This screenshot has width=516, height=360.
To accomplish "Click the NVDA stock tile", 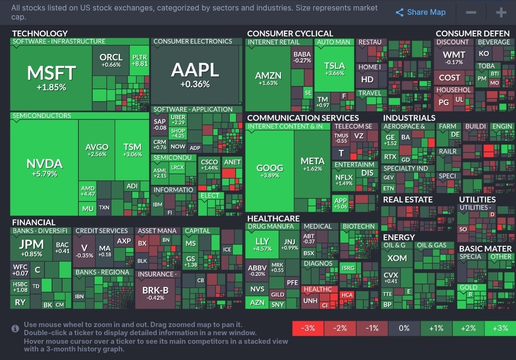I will click(44, 167).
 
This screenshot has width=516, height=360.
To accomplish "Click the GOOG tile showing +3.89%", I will click(270, 171).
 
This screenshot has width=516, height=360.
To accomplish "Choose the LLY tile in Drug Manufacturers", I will click(262, 244).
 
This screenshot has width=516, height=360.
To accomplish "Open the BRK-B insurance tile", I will click(155, 293).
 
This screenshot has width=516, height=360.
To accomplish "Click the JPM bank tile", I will click(32, 247).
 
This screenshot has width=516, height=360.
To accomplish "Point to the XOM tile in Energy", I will click(397, 258).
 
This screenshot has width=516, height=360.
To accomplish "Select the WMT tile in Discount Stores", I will click(453, 57).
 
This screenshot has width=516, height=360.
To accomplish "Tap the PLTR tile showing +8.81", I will click(140, 60).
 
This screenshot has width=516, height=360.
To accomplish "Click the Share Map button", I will click(420, 12).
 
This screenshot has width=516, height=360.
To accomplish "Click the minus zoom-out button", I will click(471, 12).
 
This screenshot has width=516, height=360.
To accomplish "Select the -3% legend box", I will click(308, 328).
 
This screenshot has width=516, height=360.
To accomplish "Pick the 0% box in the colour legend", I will click(404, 328).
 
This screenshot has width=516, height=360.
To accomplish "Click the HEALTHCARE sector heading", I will click(273, 218).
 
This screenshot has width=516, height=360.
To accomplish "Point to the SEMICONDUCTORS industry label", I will click(42, 116).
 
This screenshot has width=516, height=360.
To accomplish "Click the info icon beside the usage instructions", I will click(16, 328).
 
